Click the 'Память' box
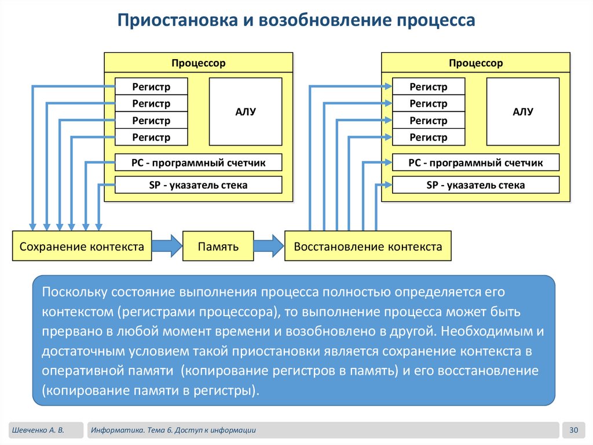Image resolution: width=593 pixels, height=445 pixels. pos(218,246)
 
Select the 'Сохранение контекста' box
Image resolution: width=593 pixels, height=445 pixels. pos(82,246)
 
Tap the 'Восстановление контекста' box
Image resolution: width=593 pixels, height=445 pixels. pos(368,246)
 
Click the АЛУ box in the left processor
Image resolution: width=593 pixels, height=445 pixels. pos(246,111)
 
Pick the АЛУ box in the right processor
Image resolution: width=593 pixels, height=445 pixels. pos(523,111)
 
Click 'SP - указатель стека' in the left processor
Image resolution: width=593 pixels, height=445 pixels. pos(199,184)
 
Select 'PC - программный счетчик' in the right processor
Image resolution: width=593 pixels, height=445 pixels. pos(476,162)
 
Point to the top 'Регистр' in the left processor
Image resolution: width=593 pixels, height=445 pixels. pos(151,86)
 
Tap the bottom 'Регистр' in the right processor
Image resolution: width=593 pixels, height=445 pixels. pos(429,137)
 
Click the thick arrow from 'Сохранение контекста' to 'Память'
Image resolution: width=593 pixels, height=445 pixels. pos(167,246)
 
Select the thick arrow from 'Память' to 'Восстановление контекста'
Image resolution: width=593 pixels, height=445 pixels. pos(269,246)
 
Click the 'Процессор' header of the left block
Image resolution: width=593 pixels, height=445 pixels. pos(199,63)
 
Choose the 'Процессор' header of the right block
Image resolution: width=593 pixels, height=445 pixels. pos(476,63)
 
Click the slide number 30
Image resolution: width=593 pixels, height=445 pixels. pos(574,430)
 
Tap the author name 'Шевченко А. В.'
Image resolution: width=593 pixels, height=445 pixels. pos(38,430)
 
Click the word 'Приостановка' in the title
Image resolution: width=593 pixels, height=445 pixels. pos(177,20)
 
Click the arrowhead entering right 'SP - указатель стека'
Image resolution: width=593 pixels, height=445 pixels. pos(388,185)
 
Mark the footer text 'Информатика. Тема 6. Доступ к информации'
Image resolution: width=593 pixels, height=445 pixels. pos(174,430)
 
